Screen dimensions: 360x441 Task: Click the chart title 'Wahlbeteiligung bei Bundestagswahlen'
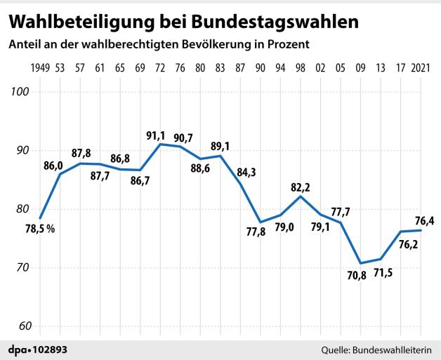(x=184, y=21)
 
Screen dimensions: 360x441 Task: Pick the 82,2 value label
(x=301, y=187)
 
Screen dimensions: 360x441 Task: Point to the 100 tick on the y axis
(x=19, y=92)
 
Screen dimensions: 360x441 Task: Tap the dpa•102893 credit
(x=39, y=349)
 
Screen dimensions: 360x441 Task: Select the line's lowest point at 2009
(x=360, y=263)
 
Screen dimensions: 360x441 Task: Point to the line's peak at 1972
(x=162, y=145)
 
